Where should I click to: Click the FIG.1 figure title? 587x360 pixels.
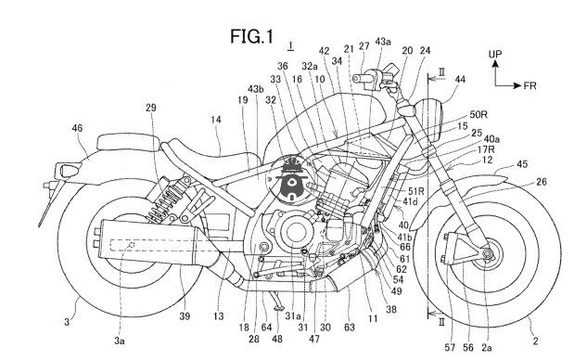tap(251, 37)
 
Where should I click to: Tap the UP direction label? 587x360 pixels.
tap(495, 55)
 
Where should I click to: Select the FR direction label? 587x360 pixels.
tap(530, 85)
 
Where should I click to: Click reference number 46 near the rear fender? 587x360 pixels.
tap(77, 128)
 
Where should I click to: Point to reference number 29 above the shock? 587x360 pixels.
tap(151, 109)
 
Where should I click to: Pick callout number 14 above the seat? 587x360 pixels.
tap(216, 120)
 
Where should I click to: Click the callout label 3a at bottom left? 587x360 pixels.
tap(120, 341)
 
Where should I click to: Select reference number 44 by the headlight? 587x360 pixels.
tap(460, 80)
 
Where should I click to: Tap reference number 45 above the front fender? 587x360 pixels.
tap(522, 163)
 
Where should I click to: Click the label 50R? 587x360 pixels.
tap(479, 115)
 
